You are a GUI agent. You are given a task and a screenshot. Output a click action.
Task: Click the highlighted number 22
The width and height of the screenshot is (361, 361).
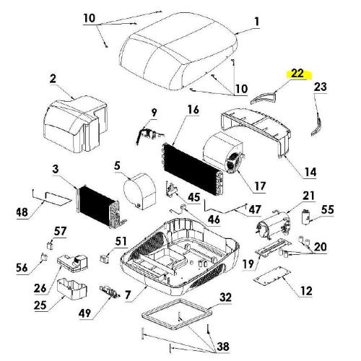[x=297, y=74]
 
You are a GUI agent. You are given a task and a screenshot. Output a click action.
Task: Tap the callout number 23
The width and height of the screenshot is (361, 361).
[x=320, y=87]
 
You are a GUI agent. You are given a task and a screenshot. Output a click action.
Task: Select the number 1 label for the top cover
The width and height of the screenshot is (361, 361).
[x=255, y=21]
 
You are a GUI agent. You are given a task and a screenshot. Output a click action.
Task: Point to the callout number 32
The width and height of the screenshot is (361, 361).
[x=225, y=297]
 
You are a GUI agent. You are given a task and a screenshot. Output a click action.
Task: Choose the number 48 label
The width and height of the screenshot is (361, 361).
[x=23, y=212]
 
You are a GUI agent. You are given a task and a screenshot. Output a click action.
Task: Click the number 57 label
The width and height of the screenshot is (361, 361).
[x=61, y=230]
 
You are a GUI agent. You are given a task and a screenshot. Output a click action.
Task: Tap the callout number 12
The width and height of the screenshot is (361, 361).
[x=305, y=291]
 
